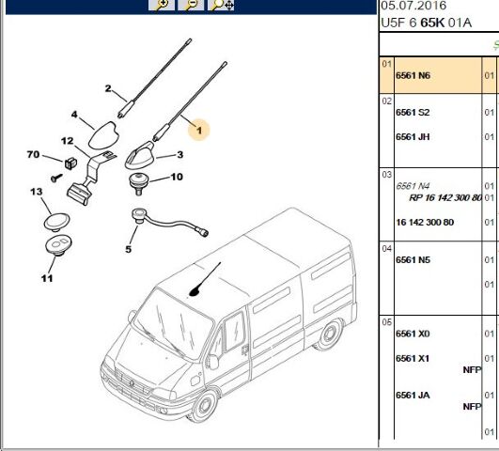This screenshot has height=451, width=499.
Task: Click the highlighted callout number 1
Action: point(199,131)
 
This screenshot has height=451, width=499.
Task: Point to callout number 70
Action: point(34,154)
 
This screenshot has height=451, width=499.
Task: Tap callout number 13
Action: point(37,192)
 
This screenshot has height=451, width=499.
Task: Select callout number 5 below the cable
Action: point(128,249)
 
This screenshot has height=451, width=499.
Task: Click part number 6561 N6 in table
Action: point(413,75)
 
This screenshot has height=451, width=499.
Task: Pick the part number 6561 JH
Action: point(413,137)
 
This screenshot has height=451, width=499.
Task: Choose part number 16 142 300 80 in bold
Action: point(425,222)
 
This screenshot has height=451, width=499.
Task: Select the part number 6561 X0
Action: point(413,334)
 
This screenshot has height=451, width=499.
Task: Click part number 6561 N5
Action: point(413,260)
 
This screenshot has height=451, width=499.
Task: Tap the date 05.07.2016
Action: point(413,6)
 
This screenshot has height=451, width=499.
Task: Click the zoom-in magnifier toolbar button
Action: point(162,5)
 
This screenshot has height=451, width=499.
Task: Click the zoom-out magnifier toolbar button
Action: point(191,5)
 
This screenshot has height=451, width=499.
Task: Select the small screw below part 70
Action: point(56,178)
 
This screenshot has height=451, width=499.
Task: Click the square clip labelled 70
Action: point(70,163)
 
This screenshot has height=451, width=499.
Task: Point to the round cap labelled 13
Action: point(56,222)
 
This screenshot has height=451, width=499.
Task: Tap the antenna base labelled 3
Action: point(140,155)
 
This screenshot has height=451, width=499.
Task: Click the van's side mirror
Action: point(212,362)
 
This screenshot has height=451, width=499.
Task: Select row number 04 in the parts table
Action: point(386,249)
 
